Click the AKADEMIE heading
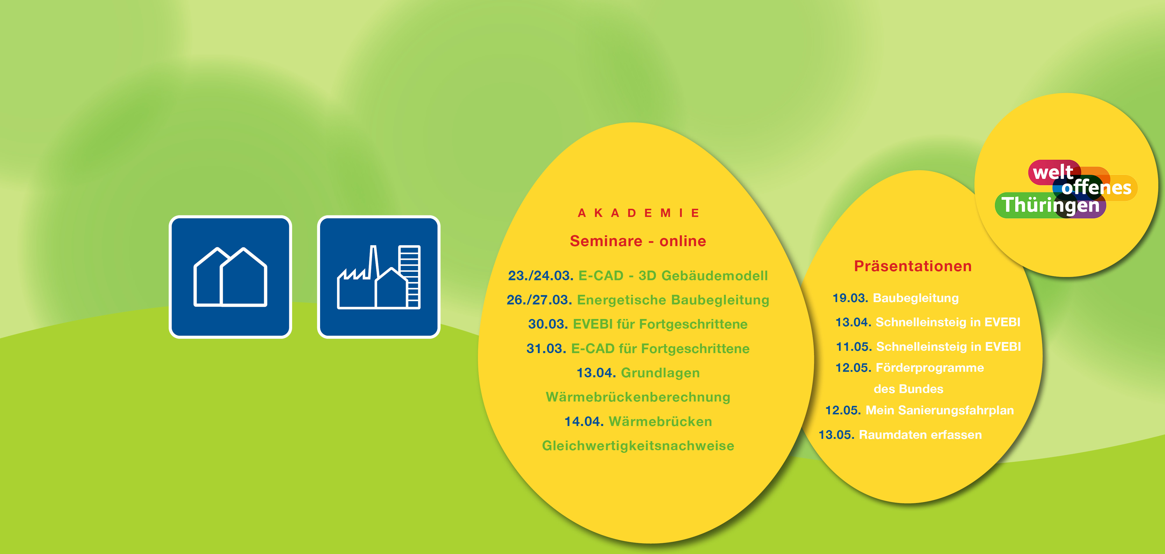pyautogui.click(x=638, y=213)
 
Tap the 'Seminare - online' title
pyautogui.click(x=638, y=241)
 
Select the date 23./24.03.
pyautogui.click(x=541, y=275)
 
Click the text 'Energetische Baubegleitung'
pyautogui.click(x=673, y=300)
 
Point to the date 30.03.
pyautogui.click(x=548, y=324)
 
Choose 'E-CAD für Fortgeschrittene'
pyautogui.click(x=660, y=348)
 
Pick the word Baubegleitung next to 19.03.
pyautogui.click(x=915, y=298)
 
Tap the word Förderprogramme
pyautogui.click(x=930, y=367)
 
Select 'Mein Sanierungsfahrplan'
pyautogui.click(x=939, y=410)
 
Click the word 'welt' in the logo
pyautogui.click(x=1053, y=172)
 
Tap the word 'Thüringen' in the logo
pyautogui.click(x=1050, y=205)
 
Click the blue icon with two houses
pyautogui.click(x=230, y=277)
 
